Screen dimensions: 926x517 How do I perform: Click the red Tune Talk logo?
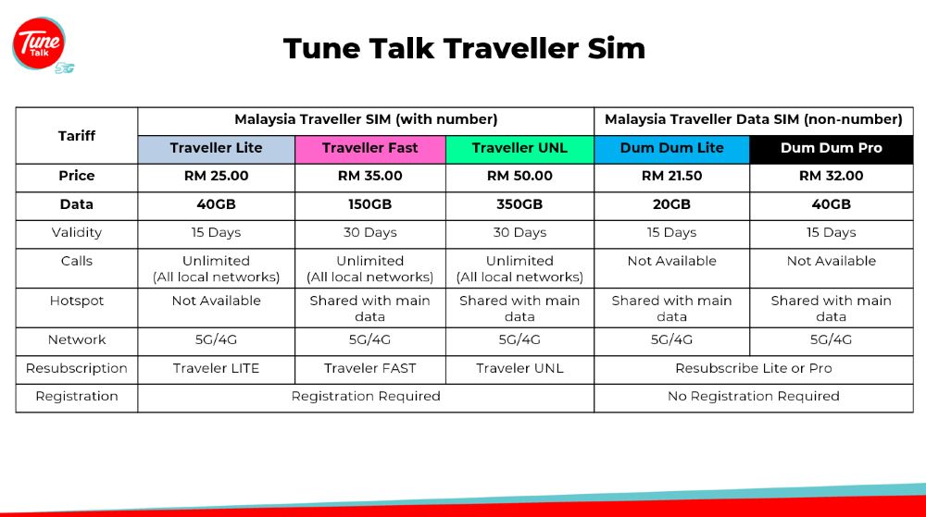pos(39,43)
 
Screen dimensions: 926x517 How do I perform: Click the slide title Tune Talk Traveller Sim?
pos(464,48)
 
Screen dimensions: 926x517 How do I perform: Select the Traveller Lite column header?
pos(216,149)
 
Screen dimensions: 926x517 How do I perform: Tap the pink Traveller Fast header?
pos(370,149)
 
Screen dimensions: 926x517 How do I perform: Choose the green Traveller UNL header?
pos(519,149)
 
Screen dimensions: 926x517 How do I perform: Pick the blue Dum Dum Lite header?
pos(672,149)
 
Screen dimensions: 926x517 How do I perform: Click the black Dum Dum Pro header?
pos(832,149)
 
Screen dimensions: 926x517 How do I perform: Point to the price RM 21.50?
pos(672,176)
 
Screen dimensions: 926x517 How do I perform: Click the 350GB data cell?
pos(519,205)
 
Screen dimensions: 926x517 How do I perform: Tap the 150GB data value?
pos(370,204)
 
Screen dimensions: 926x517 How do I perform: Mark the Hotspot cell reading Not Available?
pos(216,308)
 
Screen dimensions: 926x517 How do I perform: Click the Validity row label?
pos(77,233)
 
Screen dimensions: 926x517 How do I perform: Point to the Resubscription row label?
pos(77,368)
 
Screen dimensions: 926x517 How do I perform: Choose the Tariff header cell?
pos(77,136)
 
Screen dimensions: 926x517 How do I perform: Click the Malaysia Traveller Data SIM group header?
pos(754,119)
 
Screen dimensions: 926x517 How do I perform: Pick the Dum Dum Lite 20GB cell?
pos(672,205)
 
